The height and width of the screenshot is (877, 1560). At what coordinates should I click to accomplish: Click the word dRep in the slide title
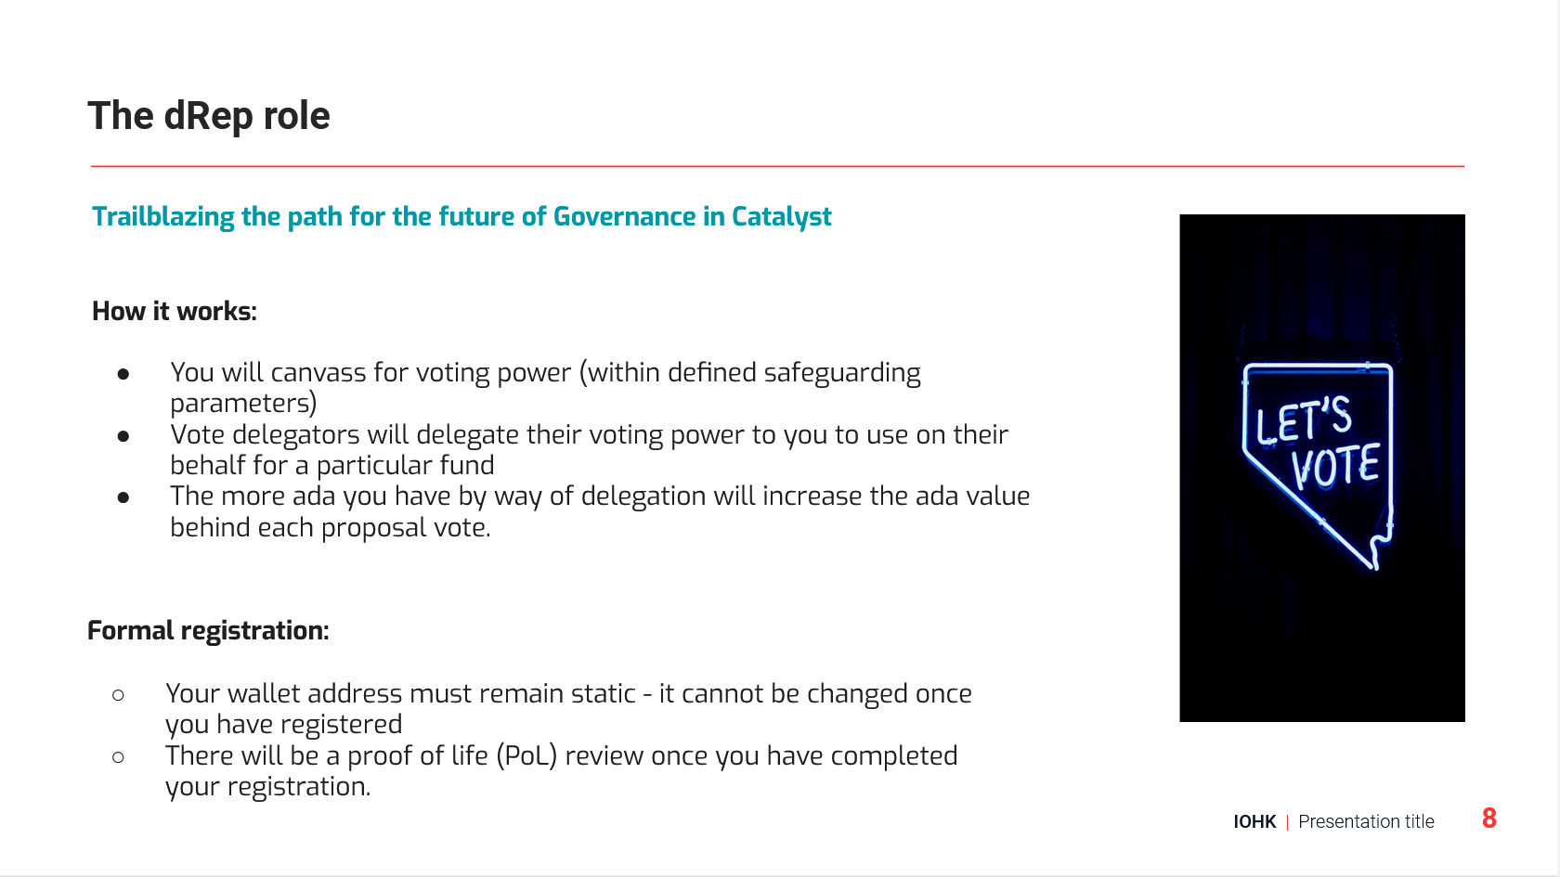click(x=208, y=115)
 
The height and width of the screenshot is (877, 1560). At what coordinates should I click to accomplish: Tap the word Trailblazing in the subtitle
click(x=163, y=217)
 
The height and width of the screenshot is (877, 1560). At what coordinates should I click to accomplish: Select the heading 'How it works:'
click(x=175, y=311)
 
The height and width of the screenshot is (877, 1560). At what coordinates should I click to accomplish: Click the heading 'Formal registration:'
click(x=208, y=631)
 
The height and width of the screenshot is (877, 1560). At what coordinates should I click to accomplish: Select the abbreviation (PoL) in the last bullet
click(x=527, y=756)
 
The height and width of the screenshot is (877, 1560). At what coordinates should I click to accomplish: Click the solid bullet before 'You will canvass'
click(x=123, y=375)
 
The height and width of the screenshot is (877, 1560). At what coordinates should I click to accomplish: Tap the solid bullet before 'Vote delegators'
click(x=123, y=436)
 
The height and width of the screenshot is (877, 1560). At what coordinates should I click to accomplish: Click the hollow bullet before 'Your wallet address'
click(x=119, y=694)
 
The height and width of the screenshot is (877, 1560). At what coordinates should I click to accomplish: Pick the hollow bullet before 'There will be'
click(x=119, y=756)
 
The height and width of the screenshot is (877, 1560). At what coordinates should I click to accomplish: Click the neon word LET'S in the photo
click(x=1304, y=420)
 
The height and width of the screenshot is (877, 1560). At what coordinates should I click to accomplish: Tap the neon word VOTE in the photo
click(x=1335, y=466)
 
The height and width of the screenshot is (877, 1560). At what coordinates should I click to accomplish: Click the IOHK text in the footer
click(x=1255, y=822)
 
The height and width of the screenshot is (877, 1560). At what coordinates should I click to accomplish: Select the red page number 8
click(x=1489, y=819)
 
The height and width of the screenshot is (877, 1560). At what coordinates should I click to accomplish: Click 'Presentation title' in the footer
click(x=1367, y=822)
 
